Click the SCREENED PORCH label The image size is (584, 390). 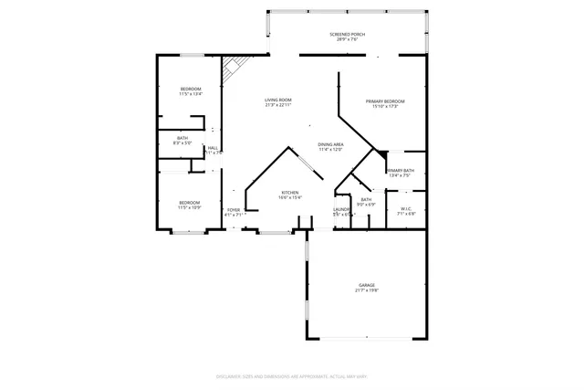click(347, 34)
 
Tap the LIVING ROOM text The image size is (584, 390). click(278, 100)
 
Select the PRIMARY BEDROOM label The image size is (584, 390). click(385, 100)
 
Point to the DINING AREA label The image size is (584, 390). click(330, 144)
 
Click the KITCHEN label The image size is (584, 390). click(290, 193)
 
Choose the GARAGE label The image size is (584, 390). click(366, 285)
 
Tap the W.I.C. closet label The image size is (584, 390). click(407, 208)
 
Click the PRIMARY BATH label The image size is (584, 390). click(401, 170)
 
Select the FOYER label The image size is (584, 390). click(234, 209)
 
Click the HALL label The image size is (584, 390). click(213, 148)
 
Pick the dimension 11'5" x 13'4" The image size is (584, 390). click(190, 94)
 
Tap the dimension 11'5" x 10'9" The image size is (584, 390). click(189, 207)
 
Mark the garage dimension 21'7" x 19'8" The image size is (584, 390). click(366, 290)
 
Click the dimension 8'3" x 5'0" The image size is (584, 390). click(183, 143)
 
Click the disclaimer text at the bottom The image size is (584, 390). click(291, 375)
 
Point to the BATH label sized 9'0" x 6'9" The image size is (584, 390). click(366, 199)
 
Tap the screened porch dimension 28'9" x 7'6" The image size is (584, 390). click(347, 39)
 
